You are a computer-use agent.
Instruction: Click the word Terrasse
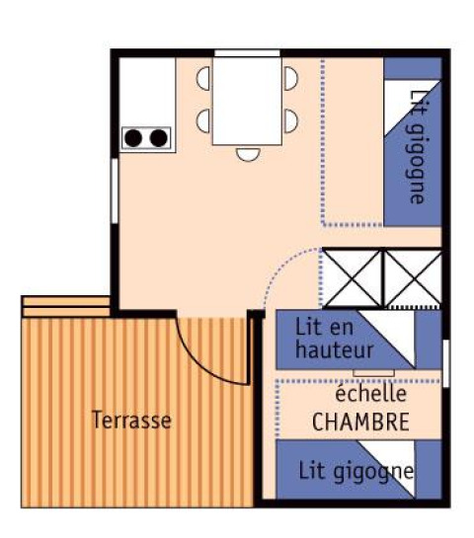pos(131,421)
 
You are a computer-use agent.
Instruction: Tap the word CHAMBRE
pos(360,423)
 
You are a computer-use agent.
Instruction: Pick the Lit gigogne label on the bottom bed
pos(355,471)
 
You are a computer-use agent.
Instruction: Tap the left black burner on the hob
pos(133,138)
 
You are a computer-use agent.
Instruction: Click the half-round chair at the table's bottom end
pos(247,153)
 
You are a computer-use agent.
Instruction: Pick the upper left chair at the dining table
pos(203,78)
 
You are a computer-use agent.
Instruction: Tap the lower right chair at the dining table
pos(290,120)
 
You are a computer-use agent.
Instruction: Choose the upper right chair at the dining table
pos(290,78)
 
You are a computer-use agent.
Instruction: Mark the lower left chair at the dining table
pos(203,120)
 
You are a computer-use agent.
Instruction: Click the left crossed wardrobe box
pos(352,277)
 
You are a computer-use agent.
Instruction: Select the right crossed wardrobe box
pos(413,277)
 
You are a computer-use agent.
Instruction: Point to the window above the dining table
pos(247,53)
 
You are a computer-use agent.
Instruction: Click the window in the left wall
pos(115,188)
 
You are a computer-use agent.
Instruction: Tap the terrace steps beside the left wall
pos(63,305)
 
